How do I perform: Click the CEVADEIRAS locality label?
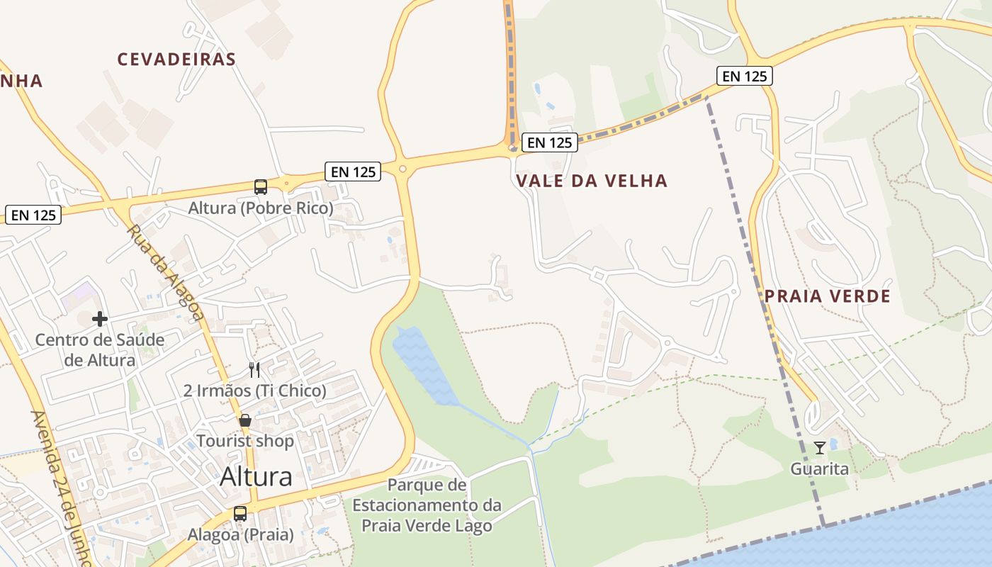(176, 59)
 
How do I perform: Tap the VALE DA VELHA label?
(592, 181)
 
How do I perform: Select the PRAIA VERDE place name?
(827, 296)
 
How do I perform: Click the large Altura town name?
(256, 476)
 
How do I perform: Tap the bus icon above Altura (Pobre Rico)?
(261, 187)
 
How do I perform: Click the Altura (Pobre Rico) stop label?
(260, 208)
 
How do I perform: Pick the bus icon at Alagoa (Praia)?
(240, 514)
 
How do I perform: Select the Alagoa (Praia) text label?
(240, 534)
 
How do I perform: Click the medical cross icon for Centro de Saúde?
(100, 319)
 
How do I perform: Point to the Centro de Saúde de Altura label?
(100, 349)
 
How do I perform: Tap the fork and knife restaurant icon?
(254, 369)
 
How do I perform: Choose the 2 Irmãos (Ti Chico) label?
(254, 391)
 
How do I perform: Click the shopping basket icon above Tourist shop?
(245, 420)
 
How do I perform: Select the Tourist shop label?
(245, 441)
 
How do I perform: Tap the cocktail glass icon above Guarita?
(820, 448)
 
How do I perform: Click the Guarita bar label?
(820, 468)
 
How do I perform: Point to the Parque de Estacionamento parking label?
(427, 505)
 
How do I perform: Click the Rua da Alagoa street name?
(165, 272)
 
